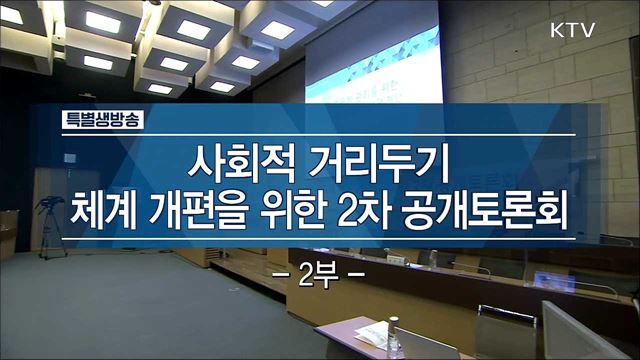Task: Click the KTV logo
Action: click(x=572, y=30)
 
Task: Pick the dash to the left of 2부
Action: click(x=280, y=271)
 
